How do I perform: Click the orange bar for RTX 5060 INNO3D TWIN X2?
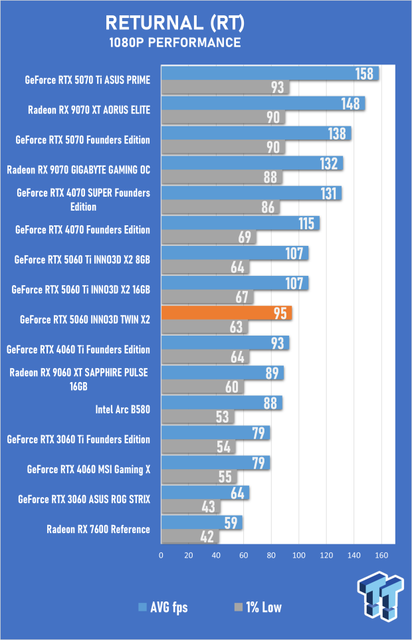226,313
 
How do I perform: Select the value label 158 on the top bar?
365,74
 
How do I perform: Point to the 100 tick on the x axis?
298,554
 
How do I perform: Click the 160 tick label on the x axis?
381,554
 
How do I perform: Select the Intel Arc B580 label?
123,409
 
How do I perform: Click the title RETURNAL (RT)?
175,24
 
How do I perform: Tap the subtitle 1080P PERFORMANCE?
175,43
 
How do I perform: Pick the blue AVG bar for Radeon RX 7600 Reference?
201,522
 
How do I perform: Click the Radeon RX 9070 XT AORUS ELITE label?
89,110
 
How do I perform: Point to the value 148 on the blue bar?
351,104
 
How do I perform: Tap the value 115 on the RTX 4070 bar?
306,223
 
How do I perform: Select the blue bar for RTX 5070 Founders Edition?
256,134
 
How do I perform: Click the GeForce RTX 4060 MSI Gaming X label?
89,469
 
